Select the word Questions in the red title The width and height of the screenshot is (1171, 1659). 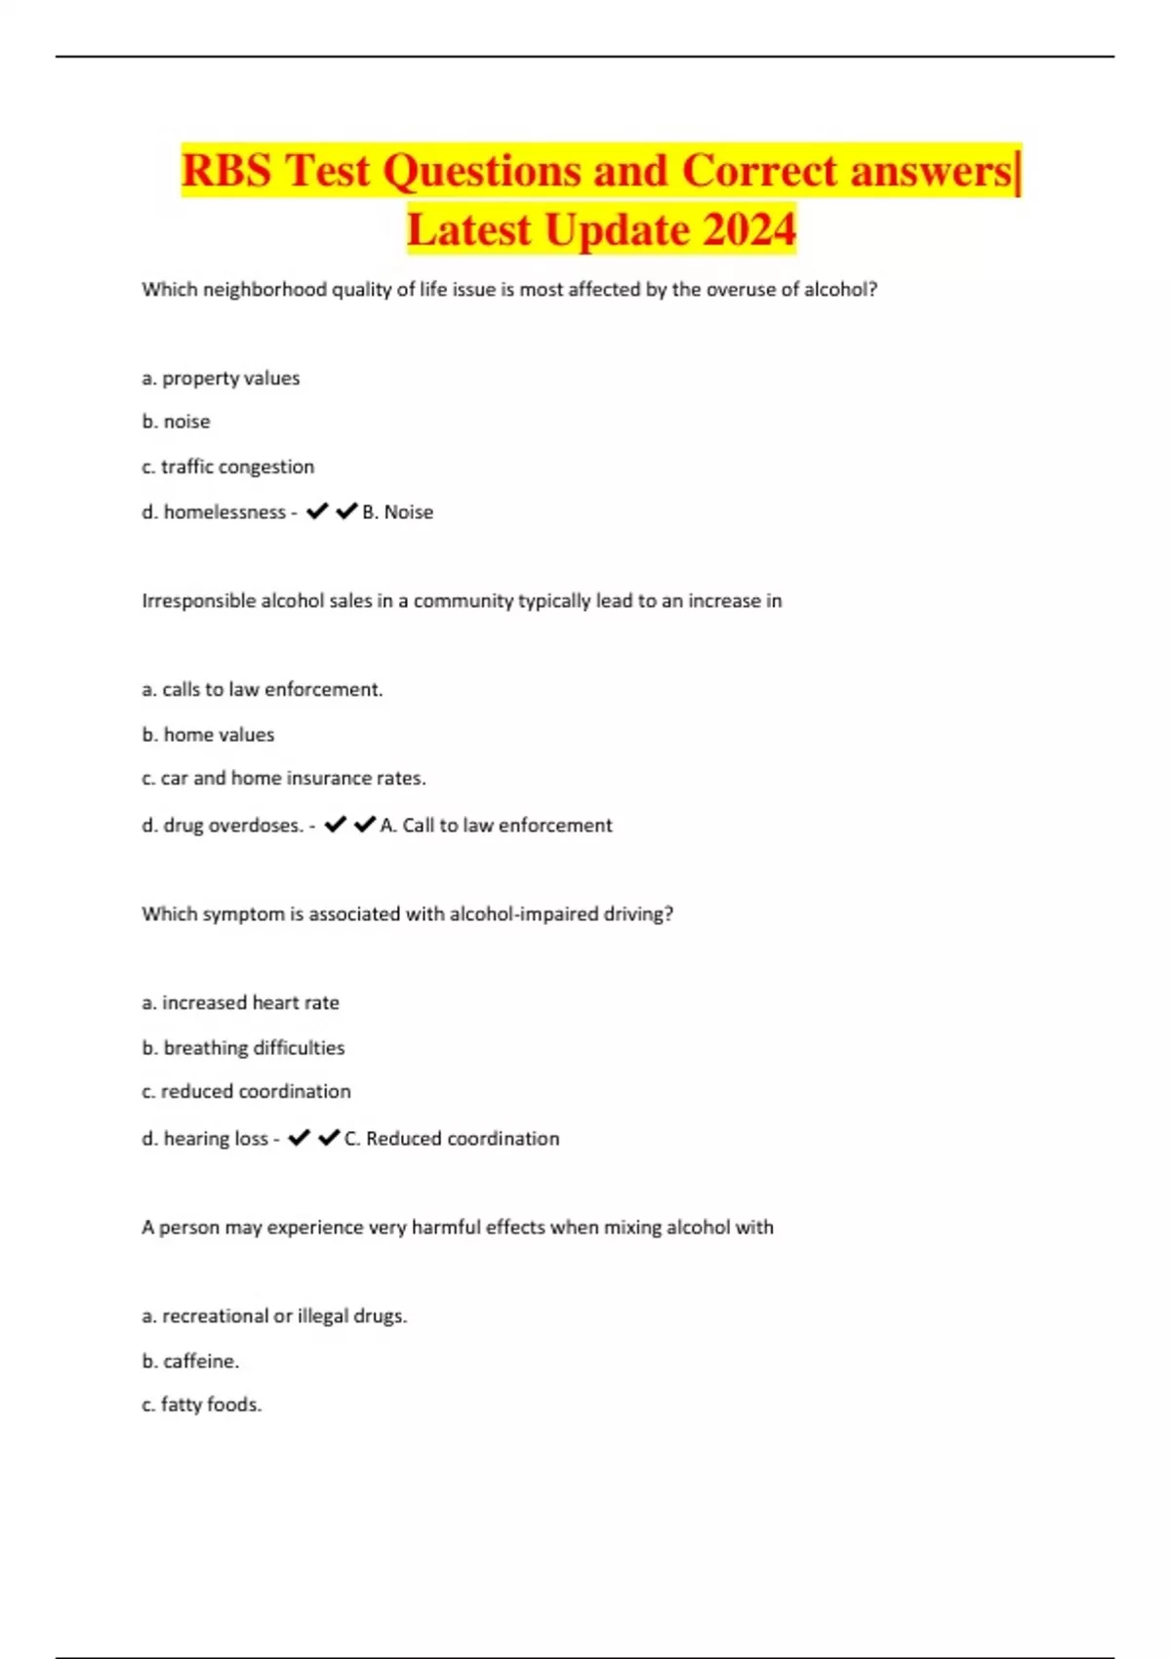click(480, 171)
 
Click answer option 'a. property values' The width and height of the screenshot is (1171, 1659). click(221, 378)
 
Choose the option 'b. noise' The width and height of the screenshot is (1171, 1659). click(176, 422)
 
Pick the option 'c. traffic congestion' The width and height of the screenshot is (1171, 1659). click(227, 466)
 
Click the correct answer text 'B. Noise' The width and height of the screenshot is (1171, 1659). click(397, 512)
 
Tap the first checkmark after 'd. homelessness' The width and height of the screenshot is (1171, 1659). click(317, 511)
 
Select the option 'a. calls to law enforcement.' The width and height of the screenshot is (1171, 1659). click(262, 689)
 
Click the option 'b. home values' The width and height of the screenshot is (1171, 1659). click(208, 734)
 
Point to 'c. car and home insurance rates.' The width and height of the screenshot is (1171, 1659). click(283, 778)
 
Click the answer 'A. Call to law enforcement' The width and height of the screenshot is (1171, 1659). click(496, 826)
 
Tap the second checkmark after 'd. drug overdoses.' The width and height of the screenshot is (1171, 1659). click(365, 825)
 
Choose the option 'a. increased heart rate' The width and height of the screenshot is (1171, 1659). click(240, 1002)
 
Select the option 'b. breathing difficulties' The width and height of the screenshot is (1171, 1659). click(243, 1047)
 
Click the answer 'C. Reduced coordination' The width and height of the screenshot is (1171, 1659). click(452, 1139)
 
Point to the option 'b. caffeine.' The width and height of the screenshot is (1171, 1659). click(190, 1360)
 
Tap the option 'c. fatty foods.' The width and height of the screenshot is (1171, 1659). click(201, 1404)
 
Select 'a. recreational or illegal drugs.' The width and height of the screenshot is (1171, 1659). click(274, 1315)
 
